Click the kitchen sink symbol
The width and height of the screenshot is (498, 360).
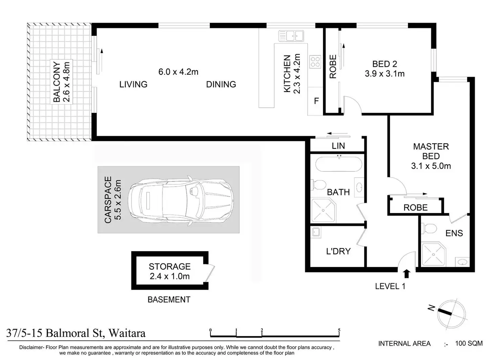point(291,36)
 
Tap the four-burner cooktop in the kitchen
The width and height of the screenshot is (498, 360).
point(315,62)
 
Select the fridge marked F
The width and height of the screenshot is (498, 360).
point(315,101)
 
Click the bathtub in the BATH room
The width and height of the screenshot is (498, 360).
point(339,164)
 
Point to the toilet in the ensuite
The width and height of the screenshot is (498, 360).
point(429,229)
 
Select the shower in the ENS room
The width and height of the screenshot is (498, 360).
point(434,255)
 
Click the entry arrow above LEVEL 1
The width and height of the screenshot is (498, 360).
point(407,273)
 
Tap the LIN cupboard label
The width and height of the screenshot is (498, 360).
point(338,146)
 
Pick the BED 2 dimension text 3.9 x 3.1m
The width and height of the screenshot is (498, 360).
point(385,74)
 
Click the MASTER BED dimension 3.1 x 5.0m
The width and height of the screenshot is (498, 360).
point(431,166)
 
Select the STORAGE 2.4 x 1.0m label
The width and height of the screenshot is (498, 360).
point(169,271)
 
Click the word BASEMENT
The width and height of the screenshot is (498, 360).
point(169,299)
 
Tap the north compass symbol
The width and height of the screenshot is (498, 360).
point(451,314)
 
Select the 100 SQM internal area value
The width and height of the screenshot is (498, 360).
point(469,343)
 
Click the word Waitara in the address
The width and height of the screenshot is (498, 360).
point(127,333)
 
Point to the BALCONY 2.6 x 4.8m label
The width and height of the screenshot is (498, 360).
point(62,82)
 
